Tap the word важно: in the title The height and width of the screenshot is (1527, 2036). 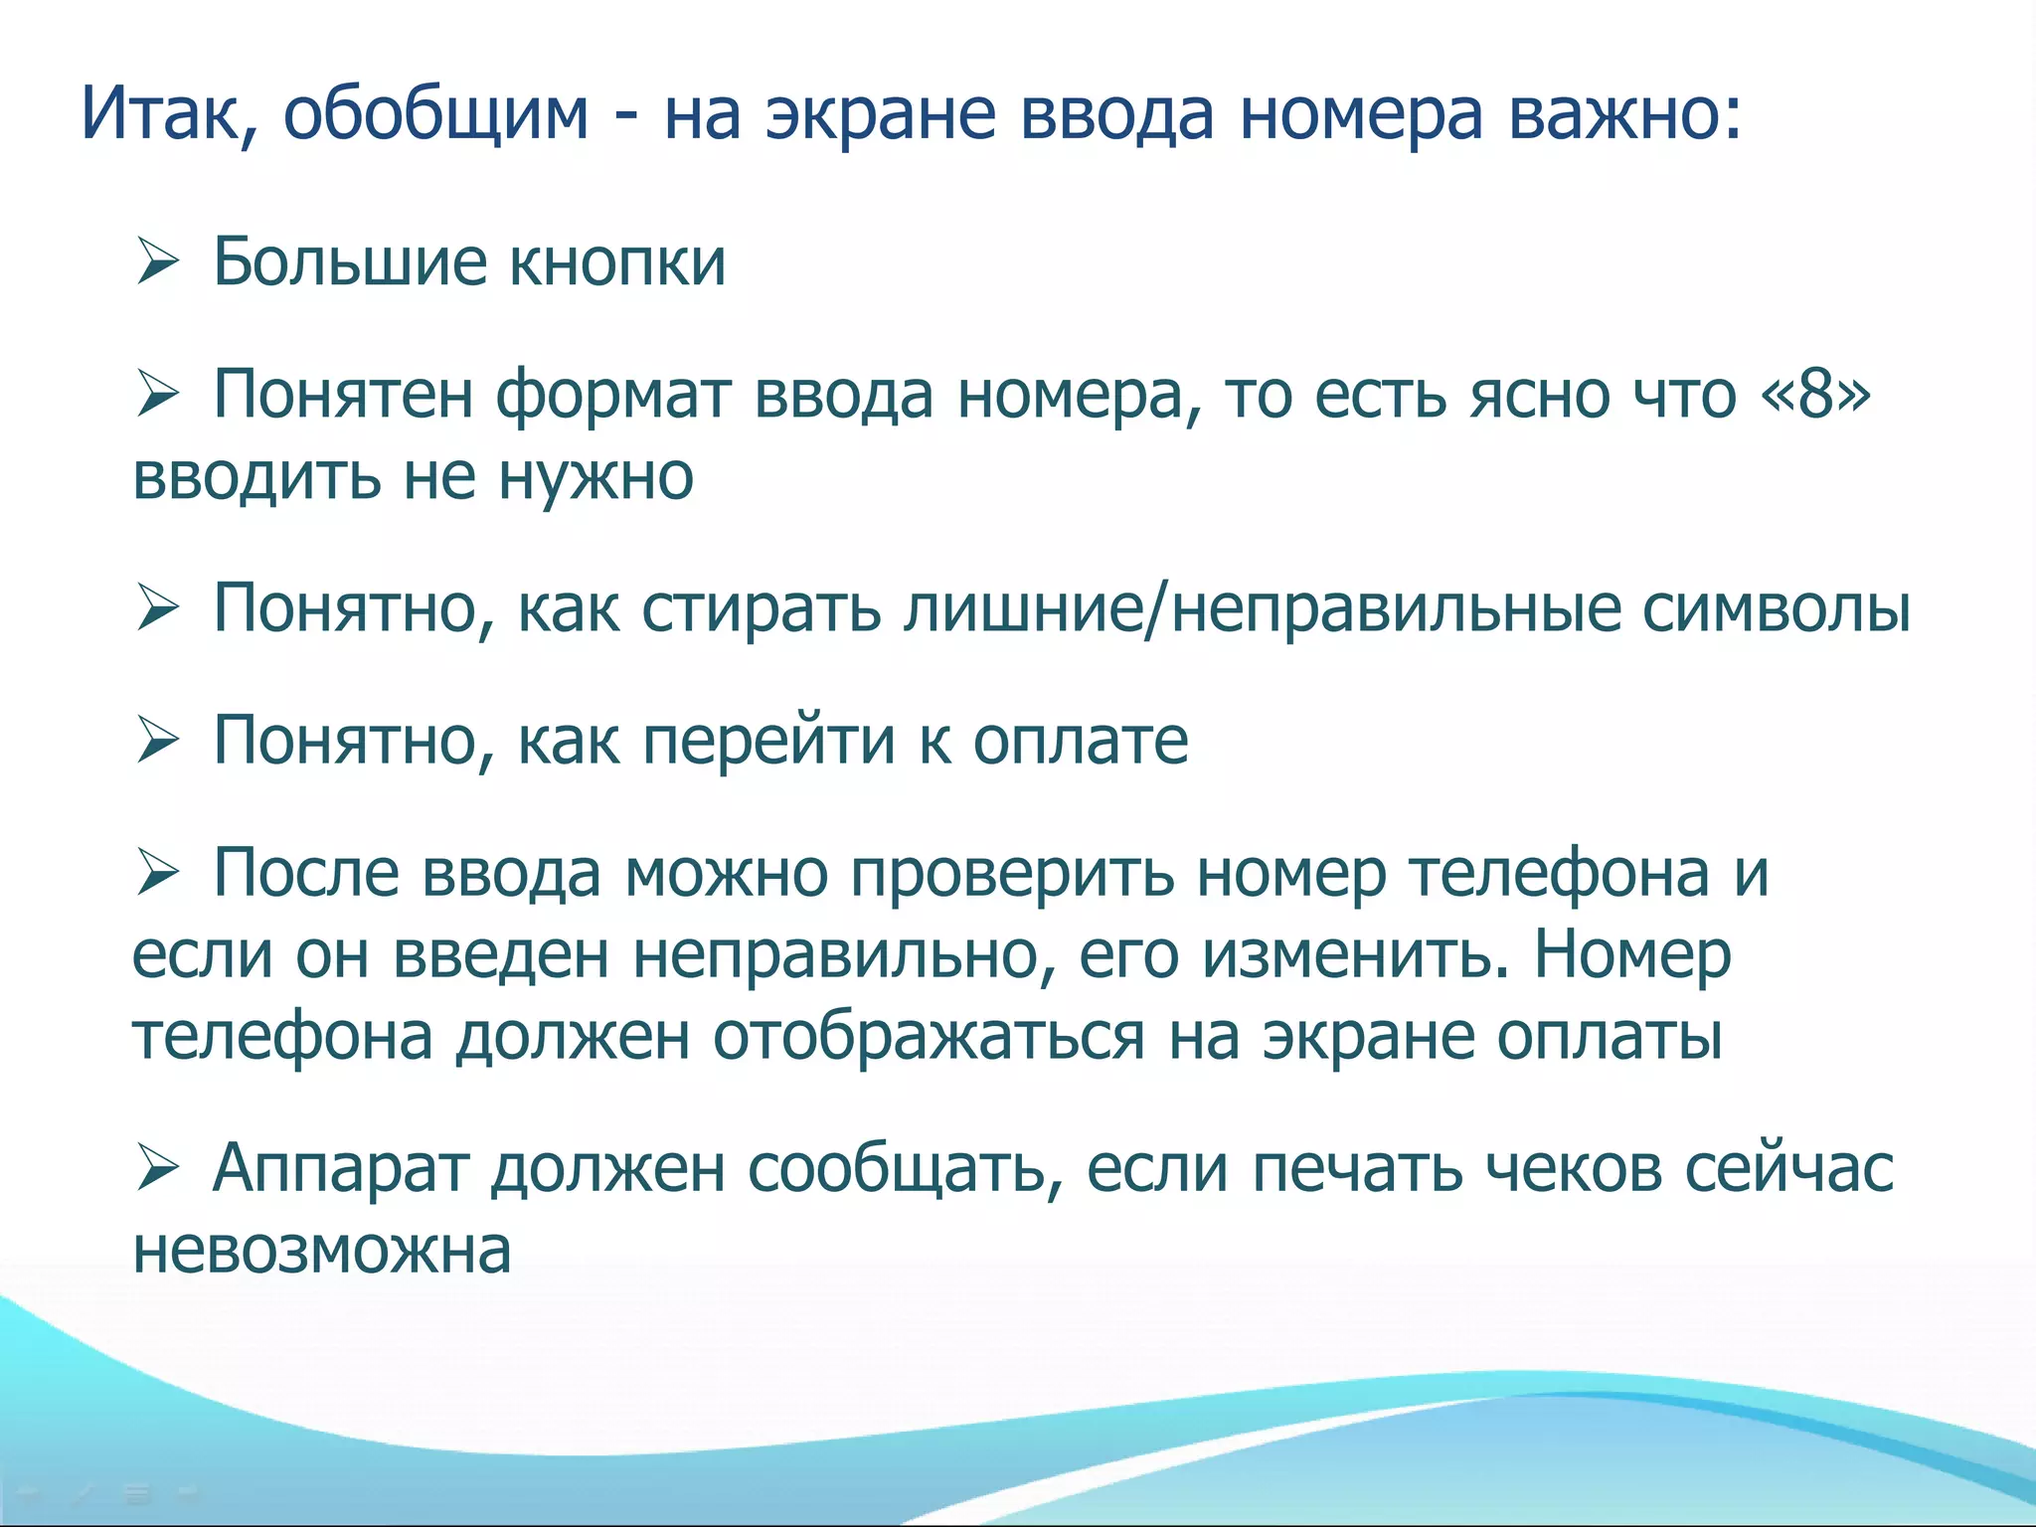1624,114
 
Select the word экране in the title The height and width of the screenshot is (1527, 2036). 881,114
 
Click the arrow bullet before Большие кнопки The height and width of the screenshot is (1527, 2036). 157,263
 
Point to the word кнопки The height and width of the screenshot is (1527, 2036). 617,263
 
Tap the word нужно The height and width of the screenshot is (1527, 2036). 595,477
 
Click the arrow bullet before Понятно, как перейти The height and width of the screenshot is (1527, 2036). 157,742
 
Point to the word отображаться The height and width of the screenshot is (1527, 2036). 929,1038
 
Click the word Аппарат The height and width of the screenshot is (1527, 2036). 340,1168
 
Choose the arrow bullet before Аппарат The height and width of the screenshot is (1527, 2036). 157,1169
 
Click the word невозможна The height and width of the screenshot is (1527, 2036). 322,1251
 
